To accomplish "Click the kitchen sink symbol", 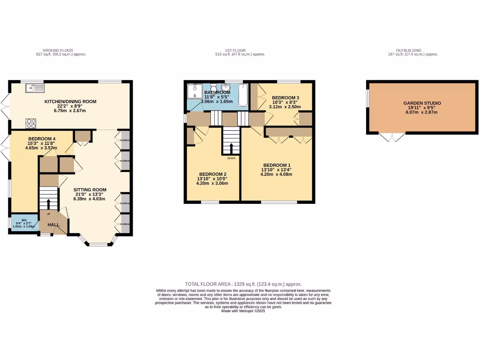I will pyautogui.click(x=36, y=87).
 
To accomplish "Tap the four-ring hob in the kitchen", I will pyautogui.click(x=31, y=123).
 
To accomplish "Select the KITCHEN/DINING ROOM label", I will pyautogui.click(x=70, y=102).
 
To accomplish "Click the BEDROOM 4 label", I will pyautogui.click(x=42, y=139).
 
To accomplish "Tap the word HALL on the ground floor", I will pyautogui.click(x=53, y=225).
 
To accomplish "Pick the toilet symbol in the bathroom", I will pyautogui.click(x=213, y=88).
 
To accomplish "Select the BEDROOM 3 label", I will pyautogui.click(x=285, y=97).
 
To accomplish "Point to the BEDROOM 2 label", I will pyautogui.click(x=212, y=173).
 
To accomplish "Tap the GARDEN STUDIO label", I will pyautogui.click(x=422, y=103).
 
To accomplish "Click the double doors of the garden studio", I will pyautogui.click(x=391, y=137).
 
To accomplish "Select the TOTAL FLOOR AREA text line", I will pyautogui.click(x=243, y=284).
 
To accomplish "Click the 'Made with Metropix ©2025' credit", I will pyautogui.click(x=243, y=311).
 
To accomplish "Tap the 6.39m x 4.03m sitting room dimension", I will pyautogui.click(x=90, y=199).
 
